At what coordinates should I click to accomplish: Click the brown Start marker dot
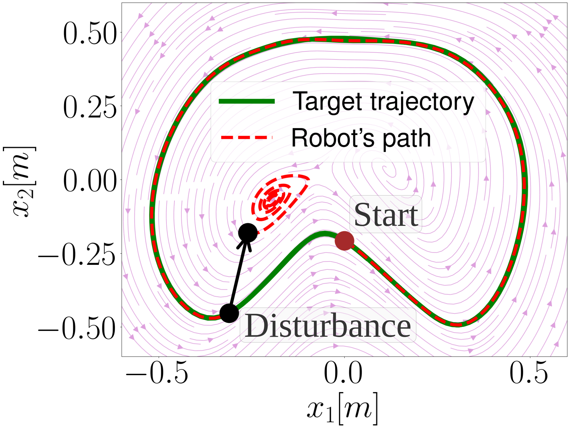pos(344,241)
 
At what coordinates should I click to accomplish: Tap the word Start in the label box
pos(386,215)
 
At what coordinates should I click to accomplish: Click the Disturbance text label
pos(328,325)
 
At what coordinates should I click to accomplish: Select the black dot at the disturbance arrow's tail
pos(229,313)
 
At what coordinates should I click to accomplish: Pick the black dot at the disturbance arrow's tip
pos(248,233)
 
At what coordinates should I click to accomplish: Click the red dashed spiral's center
pos(272,199)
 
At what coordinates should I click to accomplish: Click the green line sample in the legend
pos(247,101)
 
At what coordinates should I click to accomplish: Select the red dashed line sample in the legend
pos(247,137)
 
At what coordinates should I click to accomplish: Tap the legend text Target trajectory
pos(383,102)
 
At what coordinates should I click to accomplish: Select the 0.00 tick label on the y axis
pos(90,181)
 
